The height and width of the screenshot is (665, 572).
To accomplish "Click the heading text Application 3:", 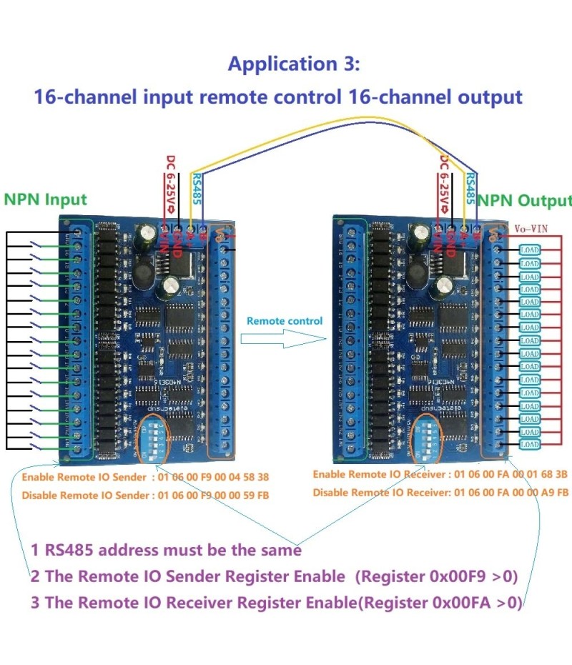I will click(294, 64).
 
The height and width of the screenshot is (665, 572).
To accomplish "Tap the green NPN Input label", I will click(46, 199).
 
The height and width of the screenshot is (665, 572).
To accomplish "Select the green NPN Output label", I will click(525, 200).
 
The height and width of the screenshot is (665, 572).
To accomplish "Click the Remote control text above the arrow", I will click(285, 321).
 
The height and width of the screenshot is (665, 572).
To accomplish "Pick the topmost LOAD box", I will click(530, 250).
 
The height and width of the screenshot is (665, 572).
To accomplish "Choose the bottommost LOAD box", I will click(530, 445).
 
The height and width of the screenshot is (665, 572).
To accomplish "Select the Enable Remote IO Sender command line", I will click(145, 477).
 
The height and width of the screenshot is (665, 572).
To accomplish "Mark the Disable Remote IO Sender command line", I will click(145, 495).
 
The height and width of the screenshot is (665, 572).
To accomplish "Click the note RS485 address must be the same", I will click(166, 551).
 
